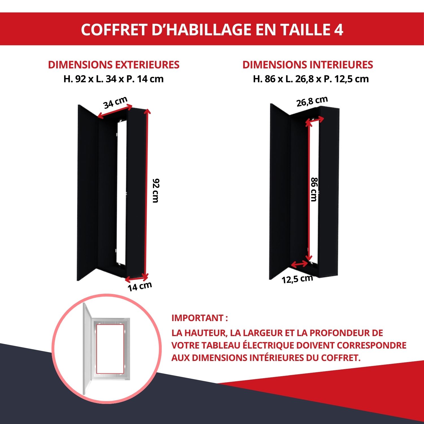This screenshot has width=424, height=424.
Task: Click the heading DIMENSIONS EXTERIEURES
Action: [114, 65]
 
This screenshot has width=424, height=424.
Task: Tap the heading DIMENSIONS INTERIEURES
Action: [308, 65]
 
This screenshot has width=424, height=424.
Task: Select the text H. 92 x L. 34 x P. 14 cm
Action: [114, 79]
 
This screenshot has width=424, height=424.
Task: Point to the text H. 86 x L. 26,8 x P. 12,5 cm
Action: [311, 79]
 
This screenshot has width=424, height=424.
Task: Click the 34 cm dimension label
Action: [115, 102]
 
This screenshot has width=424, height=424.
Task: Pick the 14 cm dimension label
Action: [140, 286]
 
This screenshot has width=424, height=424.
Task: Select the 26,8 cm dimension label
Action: [312, 101]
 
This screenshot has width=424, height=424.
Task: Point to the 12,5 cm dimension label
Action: [297, 279]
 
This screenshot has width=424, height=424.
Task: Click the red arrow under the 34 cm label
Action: [115, 112]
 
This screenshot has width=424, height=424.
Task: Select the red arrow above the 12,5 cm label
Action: [299, 265]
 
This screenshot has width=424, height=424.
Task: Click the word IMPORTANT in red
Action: [198, 318]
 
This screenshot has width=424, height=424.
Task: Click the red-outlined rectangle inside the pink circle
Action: [110, 349]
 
